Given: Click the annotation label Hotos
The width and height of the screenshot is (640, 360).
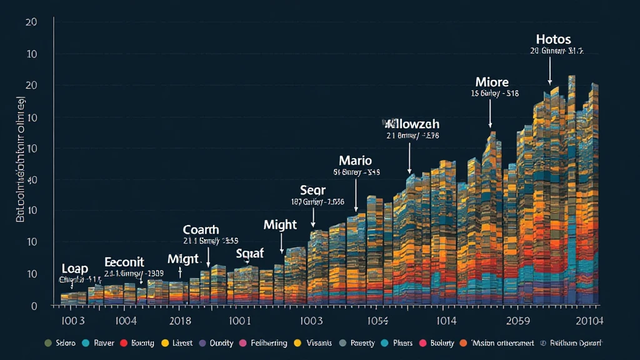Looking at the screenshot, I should (x=553, y=39).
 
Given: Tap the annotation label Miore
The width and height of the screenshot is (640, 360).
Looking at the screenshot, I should (x=492, y=82).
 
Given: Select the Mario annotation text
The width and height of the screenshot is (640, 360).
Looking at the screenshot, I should (x=356, y=159).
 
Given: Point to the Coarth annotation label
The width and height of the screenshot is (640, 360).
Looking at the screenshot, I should (x=202, y=229).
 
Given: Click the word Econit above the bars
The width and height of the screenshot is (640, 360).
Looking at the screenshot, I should (x=124, y=262).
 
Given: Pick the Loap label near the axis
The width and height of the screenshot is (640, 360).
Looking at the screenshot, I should (x=75, y=269).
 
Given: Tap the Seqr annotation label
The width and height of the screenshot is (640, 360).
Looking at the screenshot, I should (x=313, y=190).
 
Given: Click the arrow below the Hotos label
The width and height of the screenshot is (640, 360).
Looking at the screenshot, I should (x=550, y=72).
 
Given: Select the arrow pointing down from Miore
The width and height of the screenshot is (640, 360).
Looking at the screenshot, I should (x=491, y=114).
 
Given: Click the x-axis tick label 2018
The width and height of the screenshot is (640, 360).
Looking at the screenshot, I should (x=179, y=321).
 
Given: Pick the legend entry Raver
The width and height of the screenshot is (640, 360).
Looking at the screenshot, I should (x=104, y=343).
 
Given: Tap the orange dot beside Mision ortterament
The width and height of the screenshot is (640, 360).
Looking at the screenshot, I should (x=463, y=343).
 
